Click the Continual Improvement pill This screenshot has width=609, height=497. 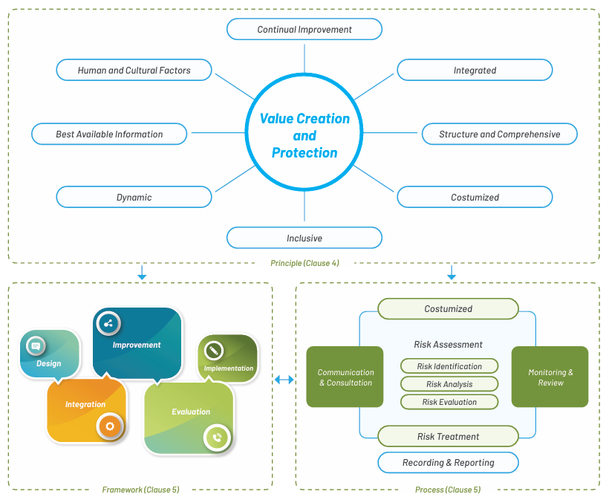[x=304, y=29]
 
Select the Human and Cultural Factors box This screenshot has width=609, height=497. [x=134, y=70]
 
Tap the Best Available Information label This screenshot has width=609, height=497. [x=109, y=134]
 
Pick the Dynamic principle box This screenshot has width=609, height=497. [x=134, y=197]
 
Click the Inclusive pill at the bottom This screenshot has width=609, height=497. [x=304, y=238]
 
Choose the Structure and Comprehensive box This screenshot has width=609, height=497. [x=500, y=134]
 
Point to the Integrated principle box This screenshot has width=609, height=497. [x=475, y=70]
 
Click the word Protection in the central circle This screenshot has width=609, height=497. [x=304, y=153]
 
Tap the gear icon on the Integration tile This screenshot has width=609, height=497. [x=110, y=426]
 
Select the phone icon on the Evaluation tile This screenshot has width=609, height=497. [x=217, y=438]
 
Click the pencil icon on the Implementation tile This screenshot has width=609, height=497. [x=213, y=351]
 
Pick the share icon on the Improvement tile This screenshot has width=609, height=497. [x=108, y=323]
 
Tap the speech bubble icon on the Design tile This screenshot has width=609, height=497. [x=36, y=346]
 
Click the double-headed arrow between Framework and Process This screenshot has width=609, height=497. [x=284, y=380]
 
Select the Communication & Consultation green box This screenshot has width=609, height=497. [x=345, y=377]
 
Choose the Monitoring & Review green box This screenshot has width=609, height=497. [x=550, y=377]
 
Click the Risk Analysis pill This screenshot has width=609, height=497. [x=449, y=384]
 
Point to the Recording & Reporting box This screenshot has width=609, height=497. [x=448, y=462]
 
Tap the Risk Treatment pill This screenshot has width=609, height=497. [x=448, y=436]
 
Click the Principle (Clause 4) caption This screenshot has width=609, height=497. [x=304, y=263]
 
